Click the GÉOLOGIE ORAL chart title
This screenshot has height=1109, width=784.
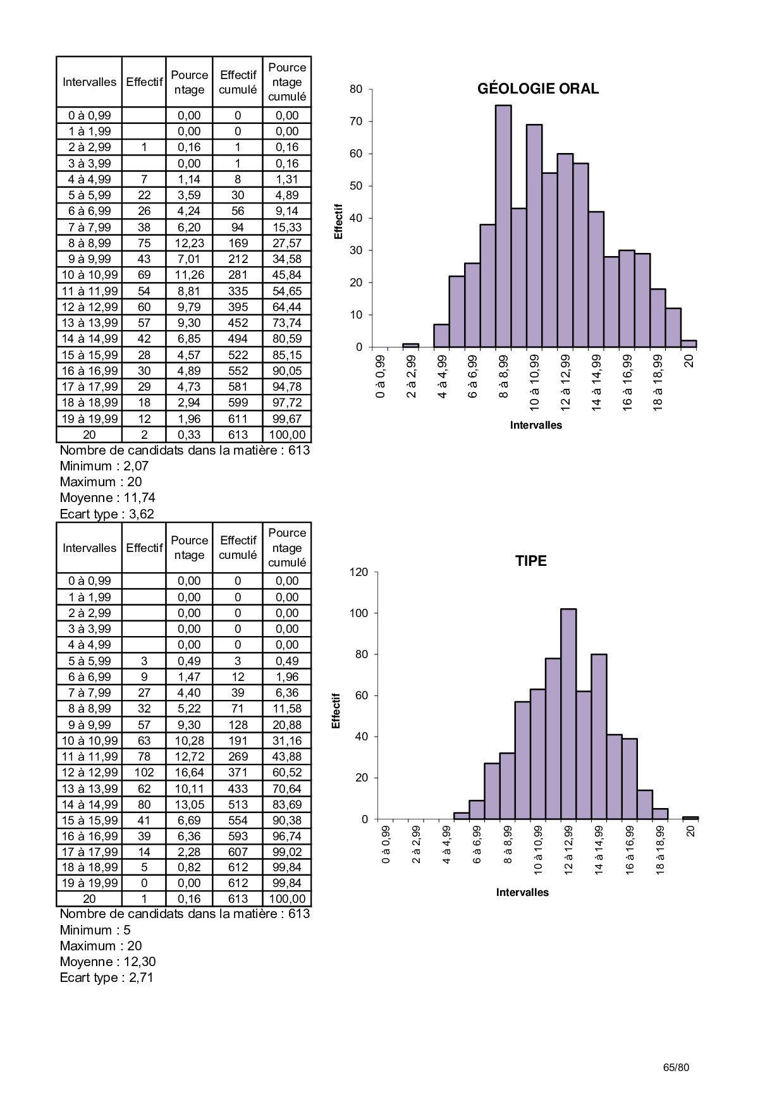click(x=537, y=89)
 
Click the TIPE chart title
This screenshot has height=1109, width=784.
click(x=530, y=561)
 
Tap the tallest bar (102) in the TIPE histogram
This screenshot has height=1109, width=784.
click(x=568, y=714)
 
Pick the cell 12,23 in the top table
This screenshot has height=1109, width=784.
click(x=189, y=243)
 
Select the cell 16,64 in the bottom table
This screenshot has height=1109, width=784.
click(x=189, y=772)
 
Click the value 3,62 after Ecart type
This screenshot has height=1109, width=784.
click(x=142, y=514)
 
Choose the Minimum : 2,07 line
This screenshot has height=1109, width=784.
click(x=104, y=466)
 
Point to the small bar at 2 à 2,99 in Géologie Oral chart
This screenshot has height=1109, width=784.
click(x=411, y=345)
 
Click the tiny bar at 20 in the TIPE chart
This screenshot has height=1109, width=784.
click(x=690, y=818)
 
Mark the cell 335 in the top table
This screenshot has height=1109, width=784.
click(x=238, y=291)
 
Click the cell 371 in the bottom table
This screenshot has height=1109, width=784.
click(x=238, y=772)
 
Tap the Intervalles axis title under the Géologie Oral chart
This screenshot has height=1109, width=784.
click(x=536, y=425)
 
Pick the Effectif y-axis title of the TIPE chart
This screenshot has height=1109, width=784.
click(x=336, y=711)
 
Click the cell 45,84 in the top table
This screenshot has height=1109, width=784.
click(x=287, y=275)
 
